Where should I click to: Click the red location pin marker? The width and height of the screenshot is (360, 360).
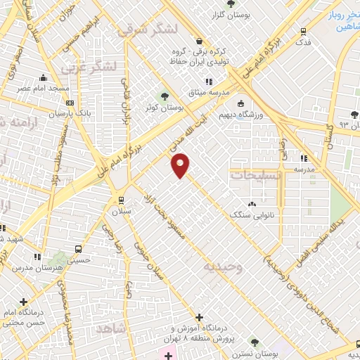pos(181,165)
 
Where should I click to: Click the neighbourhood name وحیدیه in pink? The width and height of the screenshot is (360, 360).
pos(224,267)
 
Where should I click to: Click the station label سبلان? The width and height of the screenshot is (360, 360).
pos(121,210)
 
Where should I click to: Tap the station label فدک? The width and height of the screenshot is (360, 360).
pos(303,42)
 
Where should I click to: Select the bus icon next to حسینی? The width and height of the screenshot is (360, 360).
pos(78,248)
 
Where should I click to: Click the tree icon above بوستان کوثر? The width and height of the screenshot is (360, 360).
pos(165,96)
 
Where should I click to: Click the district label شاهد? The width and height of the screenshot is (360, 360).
pos(111,330)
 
